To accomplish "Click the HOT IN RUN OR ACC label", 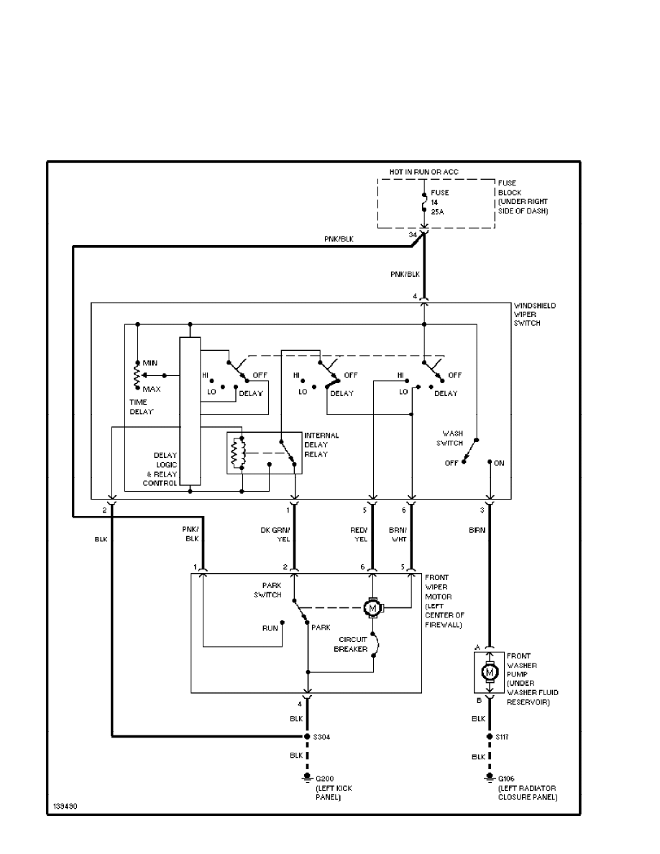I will (424, 173).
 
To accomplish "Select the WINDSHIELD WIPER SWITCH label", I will (535, 314).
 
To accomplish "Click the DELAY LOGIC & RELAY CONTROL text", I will (160, 469).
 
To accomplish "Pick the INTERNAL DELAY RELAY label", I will (321, 445).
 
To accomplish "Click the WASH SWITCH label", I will (452, 439).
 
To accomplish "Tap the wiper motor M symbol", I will (373, 608).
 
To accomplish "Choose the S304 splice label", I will (321, 737).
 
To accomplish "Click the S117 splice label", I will (503, 737).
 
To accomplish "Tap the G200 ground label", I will (325, 779).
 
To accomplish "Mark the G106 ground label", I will (508, 779).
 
